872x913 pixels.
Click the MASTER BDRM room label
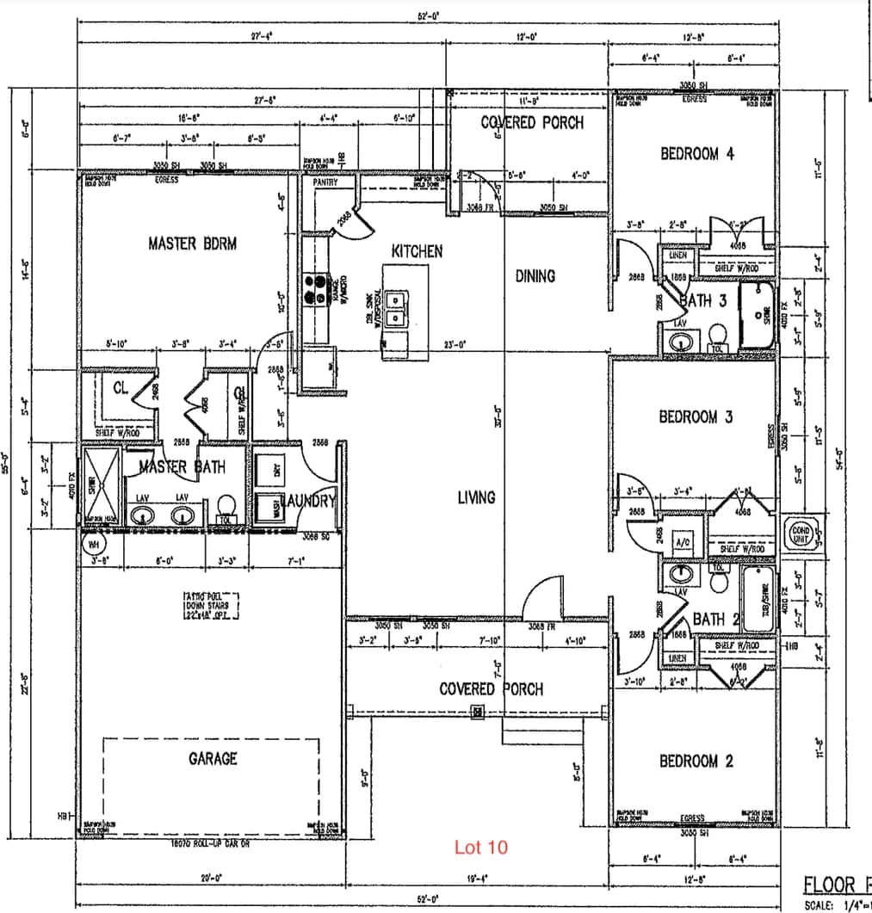(192, 244)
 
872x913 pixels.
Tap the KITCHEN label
(417, 251)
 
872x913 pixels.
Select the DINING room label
(535, 276)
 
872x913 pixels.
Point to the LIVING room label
(476, 497)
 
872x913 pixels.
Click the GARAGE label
(213, 759)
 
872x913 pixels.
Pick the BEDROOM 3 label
(696, 417)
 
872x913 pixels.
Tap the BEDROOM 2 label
(696, 762)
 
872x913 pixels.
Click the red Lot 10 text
(481, 848)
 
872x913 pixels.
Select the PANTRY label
(326, 182)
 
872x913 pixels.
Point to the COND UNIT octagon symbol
(800, 532)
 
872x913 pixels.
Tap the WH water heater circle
(92, 544)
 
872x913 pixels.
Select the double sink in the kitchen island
(399, 309)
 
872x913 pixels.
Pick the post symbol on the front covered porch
(476, 711)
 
